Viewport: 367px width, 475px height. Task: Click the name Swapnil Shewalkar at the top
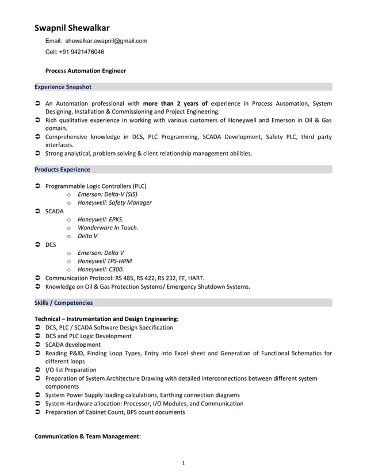click(x=72, y=28)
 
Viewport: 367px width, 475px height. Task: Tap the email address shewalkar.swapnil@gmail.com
click(x=106, y=41)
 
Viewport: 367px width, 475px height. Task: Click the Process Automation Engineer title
click(x=86, y=71)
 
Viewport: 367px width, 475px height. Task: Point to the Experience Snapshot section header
click(x=63, y=87)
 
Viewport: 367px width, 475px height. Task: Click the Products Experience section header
click(x=62, y=170)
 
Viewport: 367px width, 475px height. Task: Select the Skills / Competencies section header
click(x=63, y=302)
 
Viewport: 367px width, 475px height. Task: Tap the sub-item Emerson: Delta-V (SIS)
click(x=108, y=194)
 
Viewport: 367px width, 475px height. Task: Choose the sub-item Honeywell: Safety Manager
click(x=114, y=202)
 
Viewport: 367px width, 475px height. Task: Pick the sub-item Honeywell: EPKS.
click(x=101, y=219)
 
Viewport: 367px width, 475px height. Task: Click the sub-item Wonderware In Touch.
click(x=108, y=227)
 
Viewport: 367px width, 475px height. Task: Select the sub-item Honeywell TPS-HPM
click(x=105, y=261)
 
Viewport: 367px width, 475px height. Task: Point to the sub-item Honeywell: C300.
click(x=101, y=269)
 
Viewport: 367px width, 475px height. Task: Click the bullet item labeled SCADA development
click(x=72, y=344)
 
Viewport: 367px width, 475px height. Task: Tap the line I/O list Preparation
click(x=71, y=370)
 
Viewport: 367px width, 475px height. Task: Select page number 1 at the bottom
click(x=183, y=463)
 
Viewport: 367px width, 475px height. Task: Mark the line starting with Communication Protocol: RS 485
click(x=125, y=278)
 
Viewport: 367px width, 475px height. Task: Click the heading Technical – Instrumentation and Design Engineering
click(x=106, y=319)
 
